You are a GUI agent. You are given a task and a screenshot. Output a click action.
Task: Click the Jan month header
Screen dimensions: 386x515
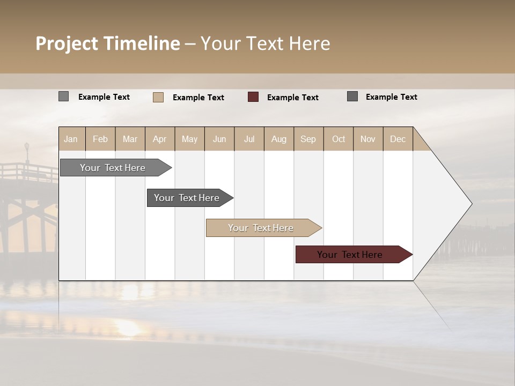coord(71,139)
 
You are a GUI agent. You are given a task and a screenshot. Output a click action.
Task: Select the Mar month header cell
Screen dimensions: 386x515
coord(130,139)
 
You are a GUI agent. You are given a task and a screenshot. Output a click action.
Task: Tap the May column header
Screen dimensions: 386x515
coord(189,139)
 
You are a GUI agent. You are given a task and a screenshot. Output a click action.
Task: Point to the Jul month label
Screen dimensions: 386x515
coord(249,139)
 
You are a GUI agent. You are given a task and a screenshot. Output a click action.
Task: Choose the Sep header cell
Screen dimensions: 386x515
coord(308,139)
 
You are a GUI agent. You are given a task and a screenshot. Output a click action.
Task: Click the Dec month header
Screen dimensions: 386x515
coord(398,139)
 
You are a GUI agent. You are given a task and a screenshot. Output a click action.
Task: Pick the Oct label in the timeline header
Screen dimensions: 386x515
coord(339,139)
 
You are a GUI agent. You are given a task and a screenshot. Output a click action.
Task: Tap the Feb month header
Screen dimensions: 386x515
coord(100,139)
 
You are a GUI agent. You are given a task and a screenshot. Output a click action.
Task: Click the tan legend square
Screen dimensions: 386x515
coord(158,97)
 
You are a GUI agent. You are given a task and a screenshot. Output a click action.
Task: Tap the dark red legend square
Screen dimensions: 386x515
coord(253,97)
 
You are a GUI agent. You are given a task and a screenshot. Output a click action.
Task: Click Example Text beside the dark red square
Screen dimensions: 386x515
coord(292,98)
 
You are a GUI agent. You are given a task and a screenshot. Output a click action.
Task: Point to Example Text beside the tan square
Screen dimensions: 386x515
coord(198,98)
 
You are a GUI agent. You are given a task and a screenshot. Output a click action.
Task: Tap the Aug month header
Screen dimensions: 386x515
coord(278,139)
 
